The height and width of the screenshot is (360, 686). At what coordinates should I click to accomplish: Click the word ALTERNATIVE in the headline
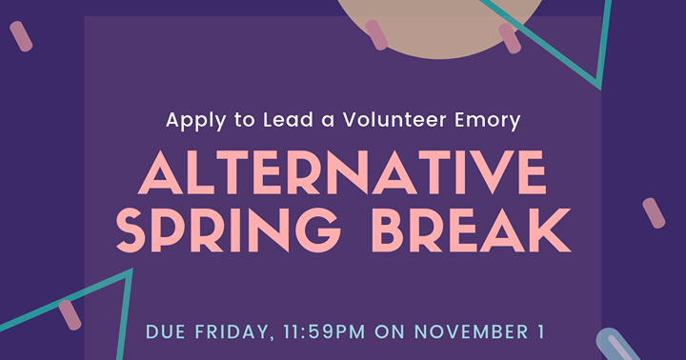pos(343,175)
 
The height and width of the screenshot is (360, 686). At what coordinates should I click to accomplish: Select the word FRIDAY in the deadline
pos(228,332)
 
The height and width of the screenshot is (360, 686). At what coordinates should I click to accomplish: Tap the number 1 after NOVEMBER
pos(540,332)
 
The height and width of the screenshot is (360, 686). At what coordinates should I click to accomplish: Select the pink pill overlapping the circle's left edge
pos(376,34)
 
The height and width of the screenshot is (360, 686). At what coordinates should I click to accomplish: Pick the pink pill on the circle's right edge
pos(510,38)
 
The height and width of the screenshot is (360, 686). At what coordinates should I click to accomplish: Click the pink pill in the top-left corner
pos(21,37)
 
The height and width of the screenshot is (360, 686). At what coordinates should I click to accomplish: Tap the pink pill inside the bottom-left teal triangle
pos(70,315)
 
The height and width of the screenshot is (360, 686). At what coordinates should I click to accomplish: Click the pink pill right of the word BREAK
pos(654,213)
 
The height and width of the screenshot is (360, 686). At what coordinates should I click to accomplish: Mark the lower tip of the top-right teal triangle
pos(599,87)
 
